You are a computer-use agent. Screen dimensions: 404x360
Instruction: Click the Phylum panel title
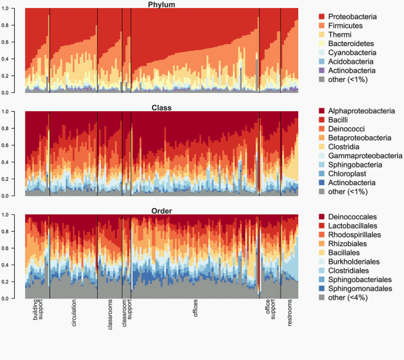pos(161,5)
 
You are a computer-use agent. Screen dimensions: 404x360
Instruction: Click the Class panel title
pos(161,108)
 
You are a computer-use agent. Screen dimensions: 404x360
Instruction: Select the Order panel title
pos(161,211)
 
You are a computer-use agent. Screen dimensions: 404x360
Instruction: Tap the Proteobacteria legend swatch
pos(321,16)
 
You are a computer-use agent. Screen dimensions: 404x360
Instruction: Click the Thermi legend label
pos(340,35)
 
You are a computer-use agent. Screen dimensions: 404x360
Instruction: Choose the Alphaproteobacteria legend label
pos(361,111)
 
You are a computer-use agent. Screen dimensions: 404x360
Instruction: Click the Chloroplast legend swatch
pos(321,174)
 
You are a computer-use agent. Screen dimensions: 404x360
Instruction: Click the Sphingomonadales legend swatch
pos(321,289)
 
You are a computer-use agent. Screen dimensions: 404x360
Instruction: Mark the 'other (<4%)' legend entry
pos(343,298)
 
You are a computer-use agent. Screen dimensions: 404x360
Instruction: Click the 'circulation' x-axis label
pos(74,313)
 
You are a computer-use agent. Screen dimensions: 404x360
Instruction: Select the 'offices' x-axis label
pos(195,308)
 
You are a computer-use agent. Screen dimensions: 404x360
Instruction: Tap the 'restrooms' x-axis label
pos(289,313)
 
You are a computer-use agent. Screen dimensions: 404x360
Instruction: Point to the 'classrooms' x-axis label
pos(110,315)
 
